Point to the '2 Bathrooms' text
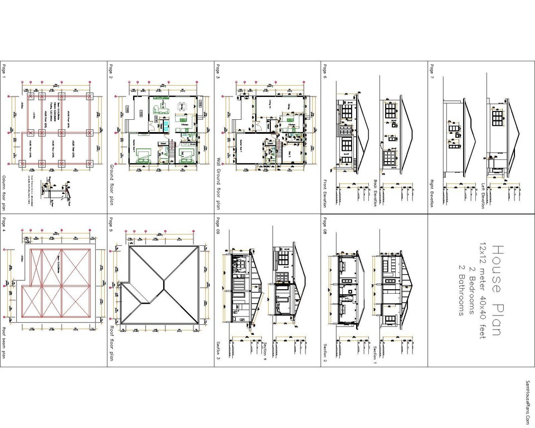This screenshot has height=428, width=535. pyautogui.click(x=461, y=290)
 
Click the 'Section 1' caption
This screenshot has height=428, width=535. pyautogui.click(x=375, y=354)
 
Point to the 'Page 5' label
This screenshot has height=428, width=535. pyautogui.click(x=111, y=223)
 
